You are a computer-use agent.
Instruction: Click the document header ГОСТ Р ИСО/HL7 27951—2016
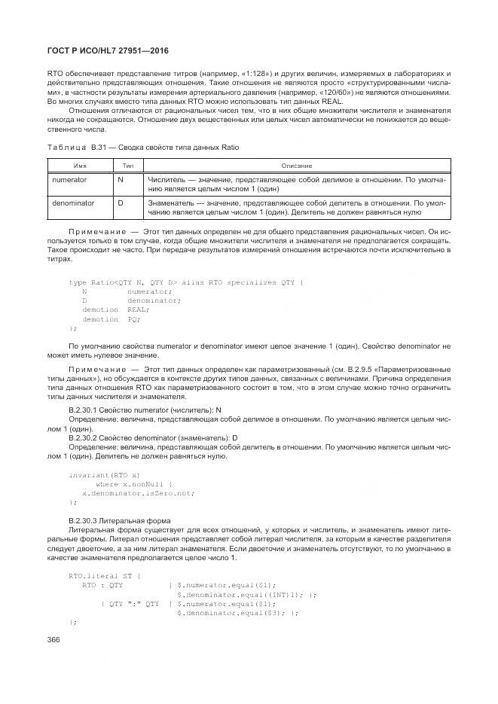[108, 50]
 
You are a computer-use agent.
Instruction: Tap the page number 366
[53, 638]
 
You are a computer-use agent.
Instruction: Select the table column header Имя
[80, 165]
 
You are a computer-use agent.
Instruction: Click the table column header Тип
[127, 165]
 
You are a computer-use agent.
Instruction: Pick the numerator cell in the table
[69, 181]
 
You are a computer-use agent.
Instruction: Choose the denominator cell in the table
[73, 203]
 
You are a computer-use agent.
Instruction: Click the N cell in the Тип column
[121, 181]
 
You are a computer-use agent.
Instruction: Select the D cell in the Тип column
[121, 203]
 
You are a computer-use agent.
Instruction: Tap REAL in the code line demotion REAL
[138, 309]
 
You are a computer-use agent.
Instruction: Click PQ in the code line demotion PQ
[133, 319]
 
